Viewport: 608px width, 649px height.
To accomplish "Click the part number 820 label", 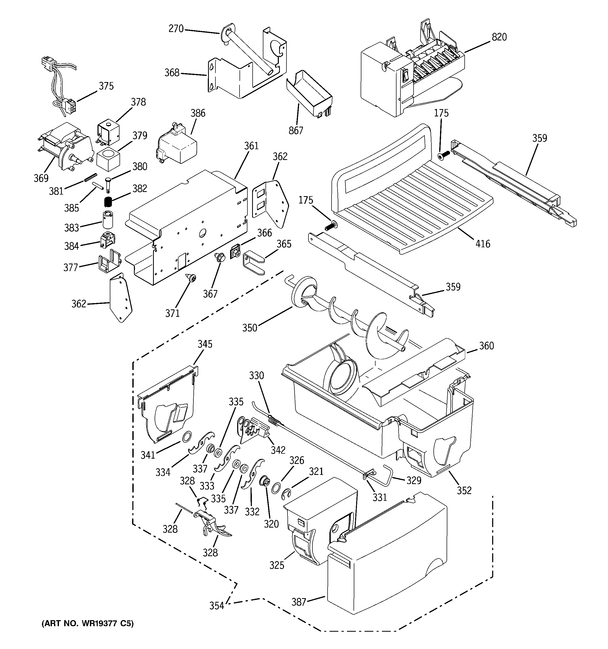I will tap(499, 37).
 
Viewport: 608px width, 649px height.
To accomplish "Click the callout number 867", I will tap(296, 131).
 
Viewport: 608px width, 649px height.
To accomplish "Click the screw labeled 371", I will tap(192, 278).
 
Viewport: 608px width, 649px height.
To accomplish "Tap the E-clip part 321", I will tap(286, 495).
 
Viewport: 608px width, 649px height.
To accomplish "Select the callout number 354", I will tap(216, 605).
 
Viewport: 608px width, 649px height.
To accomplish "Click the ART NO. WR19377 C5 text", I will tap(88, 624).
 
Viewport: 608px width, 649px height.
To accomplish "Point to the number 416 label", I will tap(482, 244).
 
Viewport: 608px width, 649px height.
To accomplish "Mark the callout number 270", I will tap(176, 29).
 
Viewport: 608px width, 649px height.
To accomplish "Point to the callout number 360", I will tap(486, 346).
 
